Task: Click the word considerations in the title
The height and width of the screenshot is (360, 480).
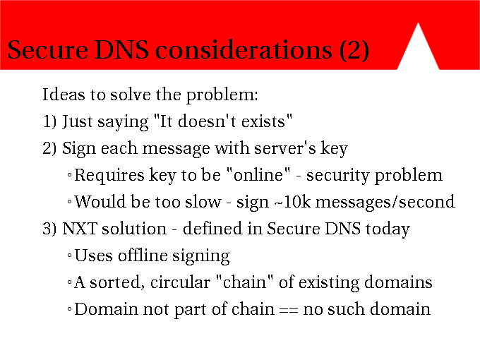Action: click(x=244, y=49)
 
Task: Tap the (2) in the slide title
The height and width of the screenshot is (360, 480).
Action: click(x=354, y=51)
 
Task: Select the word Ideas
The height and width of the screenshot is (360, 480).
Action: click(x=64, y=95)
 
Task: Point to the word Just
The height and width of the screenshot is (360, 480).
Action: click(x=78, y=121)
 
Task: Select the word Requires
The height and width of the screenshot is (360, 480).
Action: click(x=109, y=176)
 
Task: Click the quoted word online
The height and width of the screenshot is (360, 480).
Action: click(x=258, y=175)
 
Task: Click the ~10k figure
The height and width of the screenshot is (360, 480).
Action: click(x=292, y=202)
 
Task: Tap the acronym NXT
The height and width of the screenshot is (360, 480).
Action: click(x=80, y=229)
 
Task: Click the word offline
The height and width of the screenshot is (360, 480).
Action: click(x=143, y=256)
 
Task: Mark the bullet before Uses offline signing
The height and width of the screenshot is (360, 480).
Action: click(x=69, y=256)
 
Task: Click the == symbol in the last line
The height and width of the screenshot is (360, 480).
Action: click(x=289, y=311)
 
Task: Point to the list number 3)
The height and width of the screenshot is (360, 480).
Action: click(x=49, y=229)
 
